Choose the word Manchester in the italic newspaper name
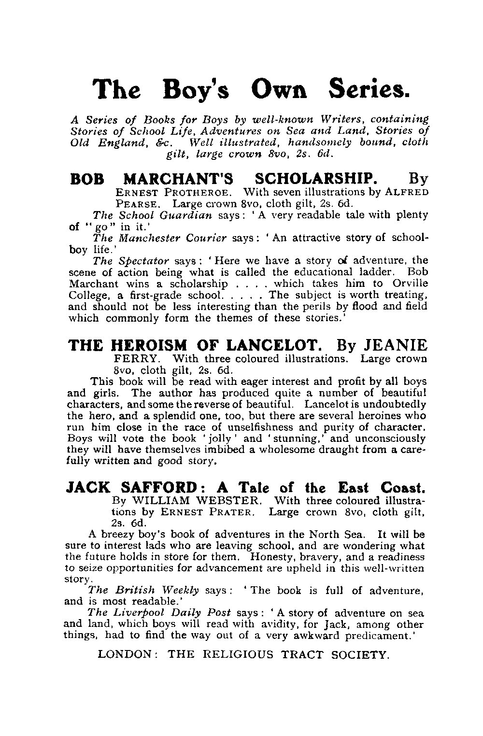[149, 238]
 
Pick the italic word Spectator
[143, 261]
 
